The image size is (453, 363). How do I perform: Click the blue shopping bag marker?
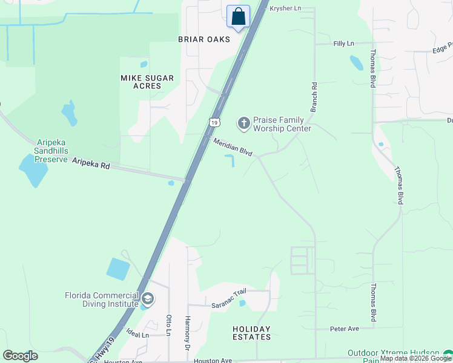pos(239,16)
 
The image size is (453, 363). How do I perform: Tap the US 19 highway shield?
pos(214,122)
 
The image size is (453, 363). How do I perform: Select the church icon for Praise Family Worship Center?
pos(244,124)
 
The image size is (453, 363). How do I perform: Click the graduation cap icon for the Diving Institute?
pos(148,299)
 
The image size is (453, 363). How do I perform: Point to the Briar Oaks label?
pos(204,39)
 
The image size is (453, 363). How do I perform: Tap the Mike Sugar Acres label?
pos(147,82)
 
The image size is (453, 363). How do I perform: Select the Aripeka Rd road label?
pos(91,163)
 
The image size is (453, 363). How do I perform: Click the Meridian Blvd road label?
pos(233,146)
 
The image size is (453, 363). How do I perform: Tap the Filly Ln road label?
pos(343,44)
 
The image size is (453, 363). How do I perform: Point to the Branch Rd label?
pos(314,97)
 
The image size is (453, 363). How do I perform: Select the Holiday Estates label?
pos(252,333)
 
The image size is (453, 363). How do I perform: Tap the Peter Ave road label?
pos(345,329)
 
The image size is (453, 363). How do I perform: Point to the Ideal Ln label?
pos(138,335)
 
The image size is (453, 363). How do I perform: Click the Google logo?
pos(20,356)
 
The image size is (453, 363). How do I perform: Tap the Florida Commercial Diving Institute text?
pos(103,299)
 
